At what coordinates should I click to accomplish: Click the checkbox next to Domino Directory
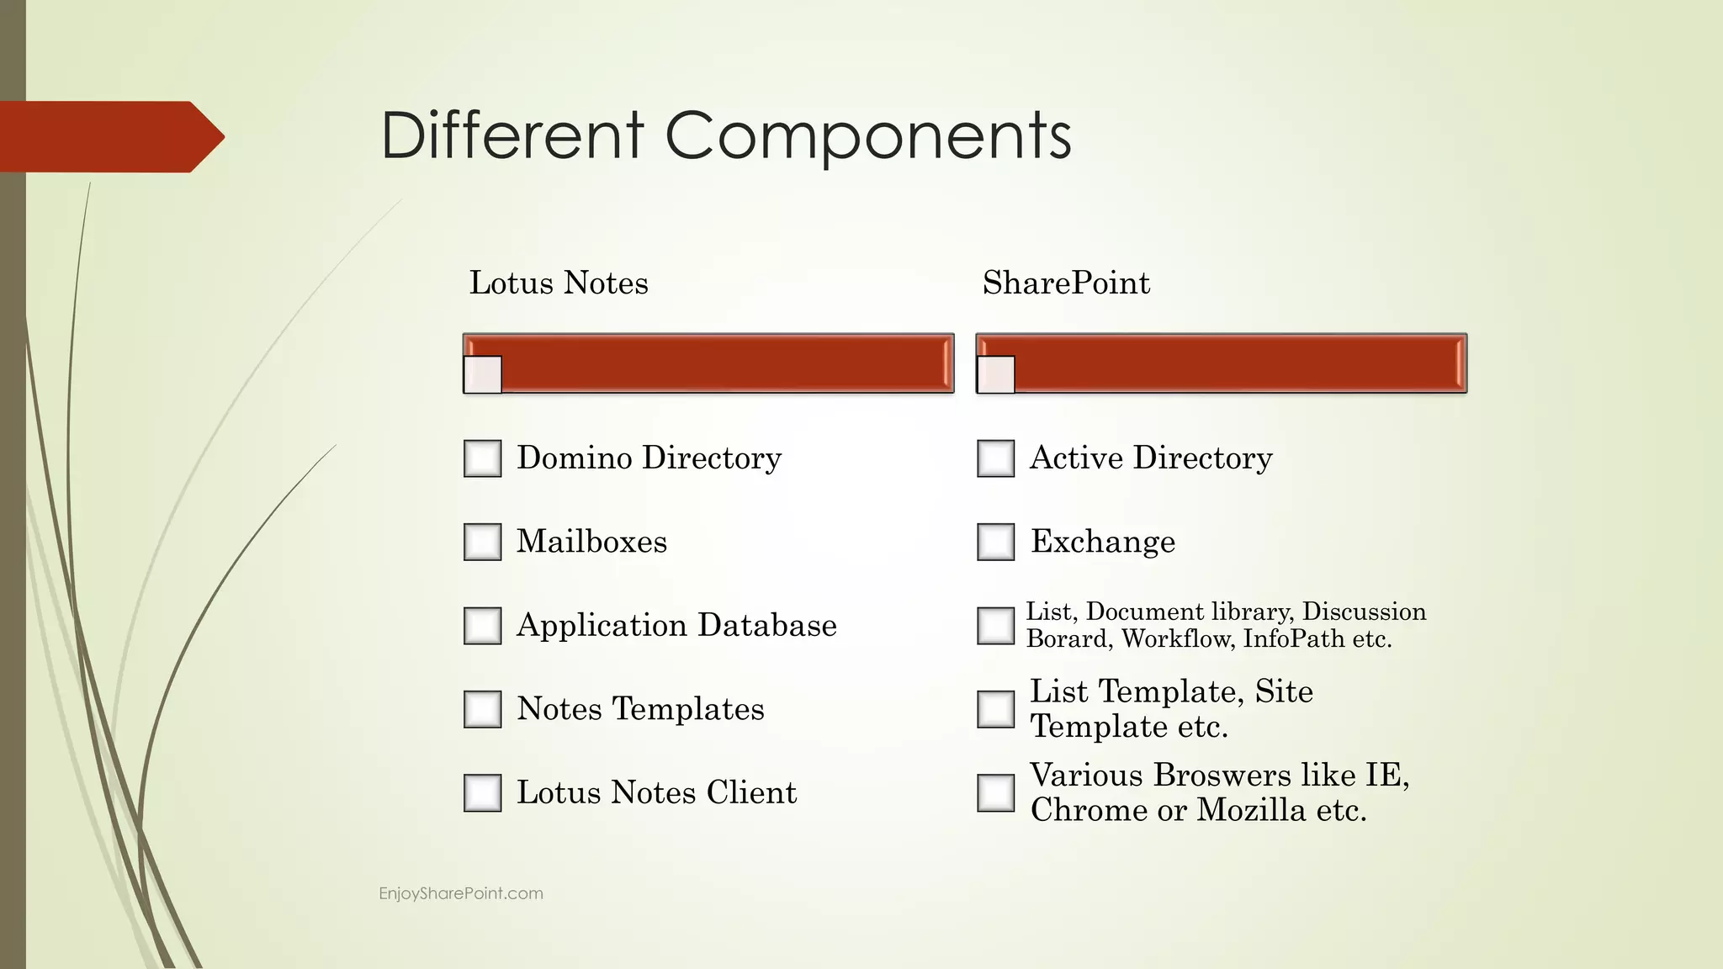482,458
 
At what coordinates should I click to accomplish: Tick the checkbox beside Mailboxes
482,542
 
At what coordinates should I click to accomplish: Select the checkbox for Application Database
482,626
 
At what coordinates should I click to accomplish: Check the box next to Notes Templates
482,709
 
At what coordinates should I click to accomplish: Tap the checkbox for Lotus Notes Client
482,792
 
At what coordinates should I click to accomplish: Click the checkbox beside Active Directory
995,458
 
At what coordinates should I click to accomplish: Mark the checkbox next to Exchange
995,542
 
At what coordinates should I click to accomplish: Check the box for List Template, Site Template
995,709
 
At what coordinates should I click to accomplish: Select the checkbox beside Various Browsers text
995,792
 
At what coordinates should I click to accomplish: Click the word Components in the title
868,136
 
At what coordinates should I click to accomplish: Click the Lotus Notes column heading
559,283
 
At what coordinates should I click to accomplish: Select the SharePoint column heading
1066,283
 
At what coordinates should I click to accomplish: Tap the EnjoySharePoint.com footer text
461,893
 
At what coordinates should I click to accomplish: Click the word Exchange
1103,542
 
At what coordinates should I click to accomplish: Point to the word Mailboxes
591,542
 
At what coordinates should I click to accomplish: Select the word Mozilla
1252,810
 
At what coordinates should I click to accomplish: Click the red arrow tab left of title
109,136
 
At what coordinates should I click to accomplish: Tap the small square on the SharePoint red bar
995,374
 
